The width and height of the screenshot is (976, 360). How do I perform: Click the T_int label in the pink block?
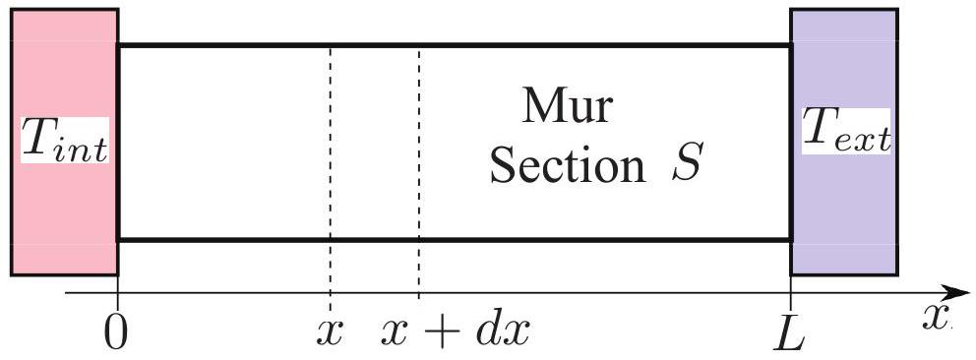[x=65, y=141]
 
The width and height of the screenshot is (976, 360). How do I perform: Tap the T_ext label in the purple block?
[x=846, y=132]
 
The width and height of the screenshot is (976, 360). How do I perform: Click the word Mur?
[x=567, y=106]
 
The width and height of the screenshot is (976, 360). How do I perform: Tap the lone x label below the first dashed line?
[x=330, y=333]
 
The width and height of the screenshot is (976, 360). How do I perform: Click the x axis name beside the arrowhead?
[x=937, y=317]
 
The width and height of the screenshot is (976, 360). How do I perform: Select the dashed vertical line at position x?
[x=330, y=172]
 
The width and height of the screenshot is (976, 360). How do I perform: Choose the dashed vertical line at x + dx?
[x=418, y=172]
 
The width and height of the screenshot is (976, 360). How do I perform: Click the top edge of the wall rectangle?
[x=455, y=45]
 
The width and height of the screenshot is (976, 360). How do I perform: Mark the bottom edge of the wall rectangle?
[x=455, y=239]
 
